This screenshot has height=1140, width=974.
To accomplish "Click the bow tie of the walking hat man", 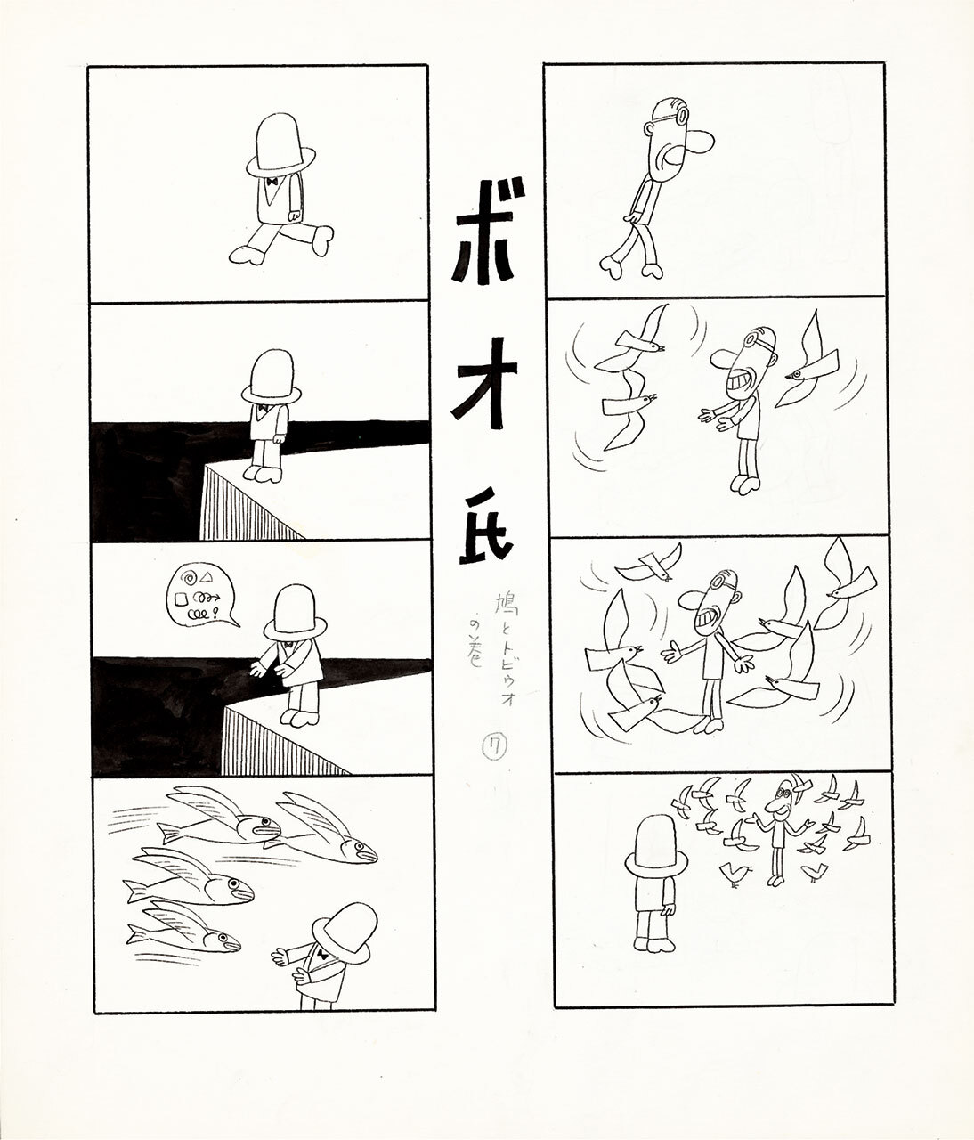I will pyautogui.click(x=270, y=181).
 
